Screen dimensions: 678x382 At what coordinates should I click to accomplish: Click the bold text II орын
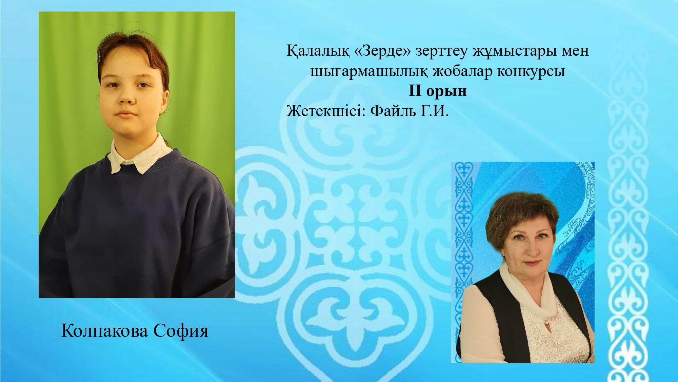[x=437, y=91]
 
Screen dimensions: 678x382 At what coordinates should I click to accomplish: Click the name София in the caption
[x=181, y=331]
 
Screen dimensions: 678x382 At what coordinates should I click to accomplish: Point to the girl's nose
[x=126, y=96]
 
